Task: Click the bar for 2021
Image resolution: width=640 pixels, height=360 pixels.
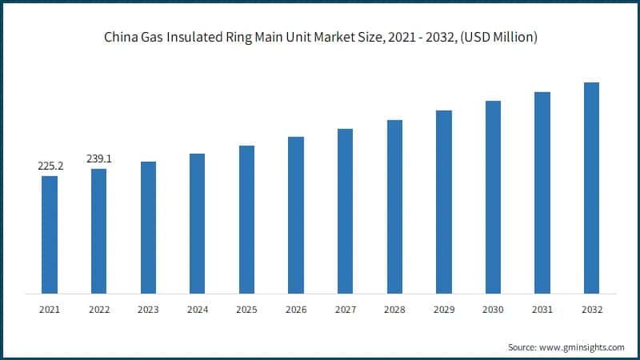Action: coord(50,234)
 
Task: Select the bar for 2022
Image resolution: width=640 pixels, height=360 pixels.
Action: coord(98,230)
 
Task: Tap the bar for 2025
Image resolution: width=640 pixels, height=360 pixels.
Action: coord(246,218)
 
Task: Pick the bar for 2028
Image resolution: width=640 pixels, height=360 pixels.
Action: coord(394,206)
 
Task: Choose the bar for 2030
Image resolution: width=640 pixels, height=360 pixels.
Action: coord(493,196)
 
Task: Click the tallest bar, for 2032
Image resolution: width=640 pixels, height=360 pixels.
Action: coord(591,187)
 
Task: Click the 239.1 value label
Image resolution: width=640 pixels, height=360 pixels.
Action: coord(98,158)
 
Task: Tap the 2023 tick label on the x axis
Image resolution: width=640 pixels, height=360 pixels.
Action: coord(148,308)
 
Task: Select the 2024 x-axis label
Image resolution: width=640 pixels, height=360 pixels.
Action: coord(197,308)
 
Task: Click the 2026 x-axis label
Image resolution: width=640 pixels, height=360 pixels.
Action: coord(296,308)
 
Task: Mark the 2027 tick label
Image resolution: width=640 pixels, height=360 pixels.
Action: coord(345,308)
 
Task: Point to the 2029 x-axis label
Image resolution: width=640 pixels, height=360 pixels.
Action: coord(444,308)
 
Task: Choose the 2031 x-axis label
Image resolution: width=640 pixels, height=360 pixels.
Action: coord(542,308)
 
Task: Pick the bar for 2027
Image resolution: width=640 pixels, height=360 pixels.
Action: coord(345,210)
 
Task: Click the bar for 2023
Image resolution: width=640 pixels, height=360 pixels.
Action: coord(148,226)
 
